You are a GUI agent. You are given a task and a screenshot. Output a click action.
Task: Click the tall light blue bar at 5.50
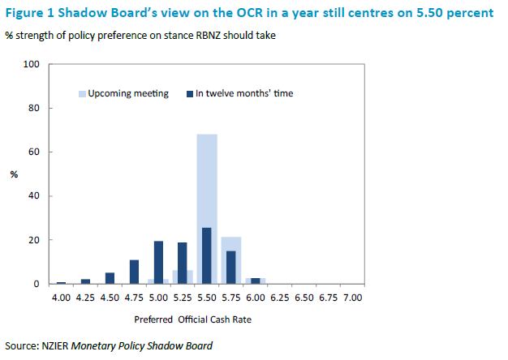click(207, 178)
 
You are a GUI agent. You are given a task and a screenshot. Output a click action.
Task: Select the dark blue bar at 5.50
click(207, 256)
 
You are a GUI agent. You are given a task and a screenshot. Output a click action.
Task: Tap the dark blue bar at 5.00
click(158, 263)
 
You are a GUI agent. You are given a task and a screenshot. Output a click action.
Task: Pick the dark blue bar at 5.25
click(183, 264)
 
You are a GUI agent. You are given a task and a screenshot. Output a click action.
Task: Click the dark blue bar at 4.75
click(134, 272)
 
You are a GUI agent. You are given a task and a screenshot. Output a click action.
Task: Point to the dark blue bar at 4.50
click(110, 278)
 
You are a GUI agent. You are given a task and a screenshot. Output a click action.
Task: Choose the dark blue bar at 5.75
click(231, 268)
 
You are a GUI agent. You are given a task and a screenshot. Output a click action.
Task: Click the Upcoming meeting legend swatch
click(82, 93)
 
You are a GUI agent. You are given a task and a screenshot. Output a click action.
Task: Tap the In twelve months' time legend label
click(244, 93)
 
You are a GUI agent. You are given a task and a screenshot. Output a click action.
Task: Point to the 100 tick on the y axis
click(32, 64)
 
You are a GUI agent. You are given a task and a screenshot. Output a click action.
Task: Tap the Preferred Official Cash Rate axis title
click(206, 319)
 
